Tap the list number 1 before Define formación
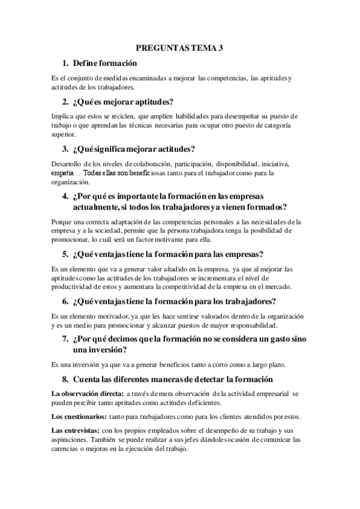point(65,63)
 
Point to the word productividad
point(71,288)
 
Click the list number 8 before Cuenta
point(65,379)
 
